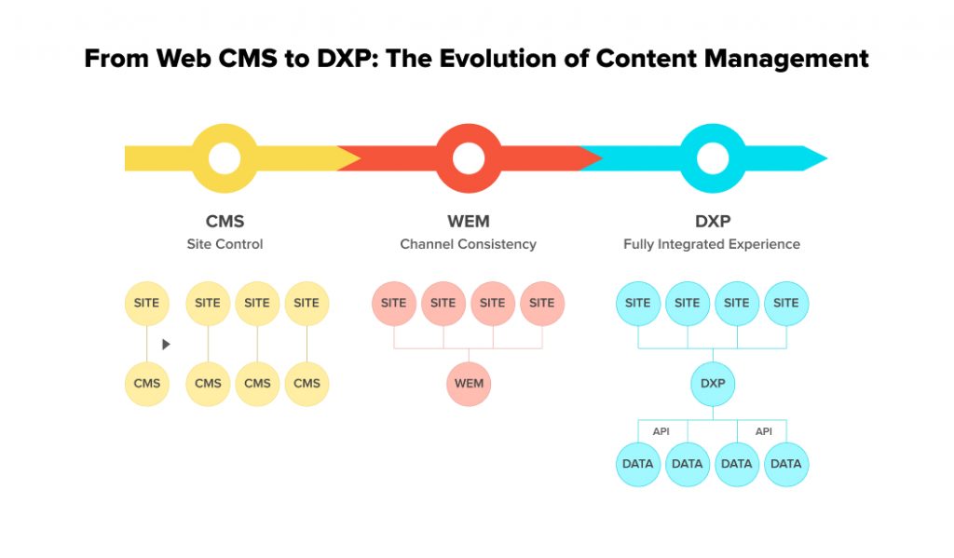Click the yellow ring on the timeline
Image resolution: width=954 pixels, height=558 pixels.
tap(225, 158)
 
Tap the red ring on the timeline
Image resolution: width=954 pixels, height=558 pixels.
tap(469, 158)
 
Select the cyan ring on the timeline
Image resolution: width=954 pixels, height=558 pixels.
tap(713, 158)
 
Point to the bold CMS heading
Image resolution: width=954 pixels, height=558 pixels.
tap(225, 222)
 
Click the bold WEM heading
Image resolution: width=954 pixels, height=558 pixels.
tap(469, 222)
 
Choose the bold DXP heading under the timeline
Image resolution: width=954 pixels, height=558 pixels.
tap(713, 222)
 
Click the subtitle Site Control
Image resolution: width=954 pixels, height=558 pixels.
tap(225, 244)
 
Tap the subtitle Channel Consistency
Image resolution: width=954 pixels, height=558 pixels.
tap(469, 244)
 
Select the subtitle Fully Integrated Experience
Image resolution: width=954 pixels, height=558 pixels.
tap(712, 244)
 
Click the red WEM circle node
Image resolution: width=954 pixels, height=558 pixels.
tap(469, 384)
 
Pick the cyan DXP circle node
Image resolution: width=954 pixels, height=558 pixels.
tap(713, 384)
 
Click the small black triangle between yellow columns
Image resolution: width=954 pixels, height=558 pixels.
tap(166, 344)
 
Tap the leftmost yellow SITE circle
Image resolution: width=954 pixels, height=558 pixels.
tap(147, 304)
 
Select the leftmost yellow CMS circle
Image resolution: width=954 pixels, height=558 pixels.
tap(147, 384)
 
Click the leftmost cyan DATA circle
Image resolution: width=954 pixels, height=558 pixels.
tap(638, 464)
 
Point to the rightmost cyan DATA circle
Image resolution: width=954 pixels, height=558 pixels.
tap(786, 464)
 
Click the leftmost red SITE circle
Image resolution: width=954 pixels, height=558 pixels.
tap(394, 304)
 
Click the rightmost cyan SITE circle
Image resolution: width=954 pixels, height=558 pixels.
tap(786, 304)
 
